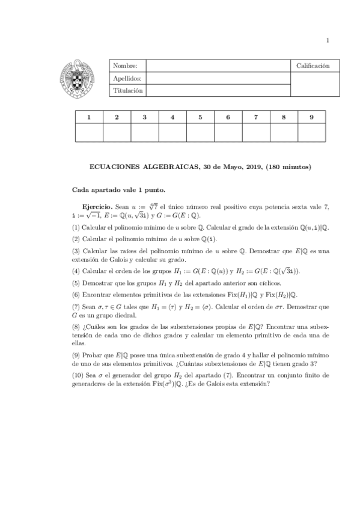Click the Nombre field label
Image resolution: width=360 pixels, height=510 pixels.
coord(125,66)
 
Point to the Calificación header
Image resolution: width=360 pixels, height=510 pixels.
coord(313,66)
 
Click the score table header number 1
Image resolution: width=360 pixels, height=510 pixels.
coord(88,117)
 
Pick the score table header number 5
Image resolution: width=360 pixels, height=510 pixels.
coord(200,117)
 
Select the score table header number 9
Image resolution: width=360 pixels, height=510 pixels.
coord(311,117)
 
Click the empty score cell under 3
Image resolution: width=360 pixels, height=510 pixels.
coord(144,133)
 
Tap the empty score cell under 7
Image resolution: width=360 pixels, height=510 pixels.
coord(256,133)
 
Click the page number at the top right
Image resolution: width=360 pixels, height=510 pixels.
coord(328,40)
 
